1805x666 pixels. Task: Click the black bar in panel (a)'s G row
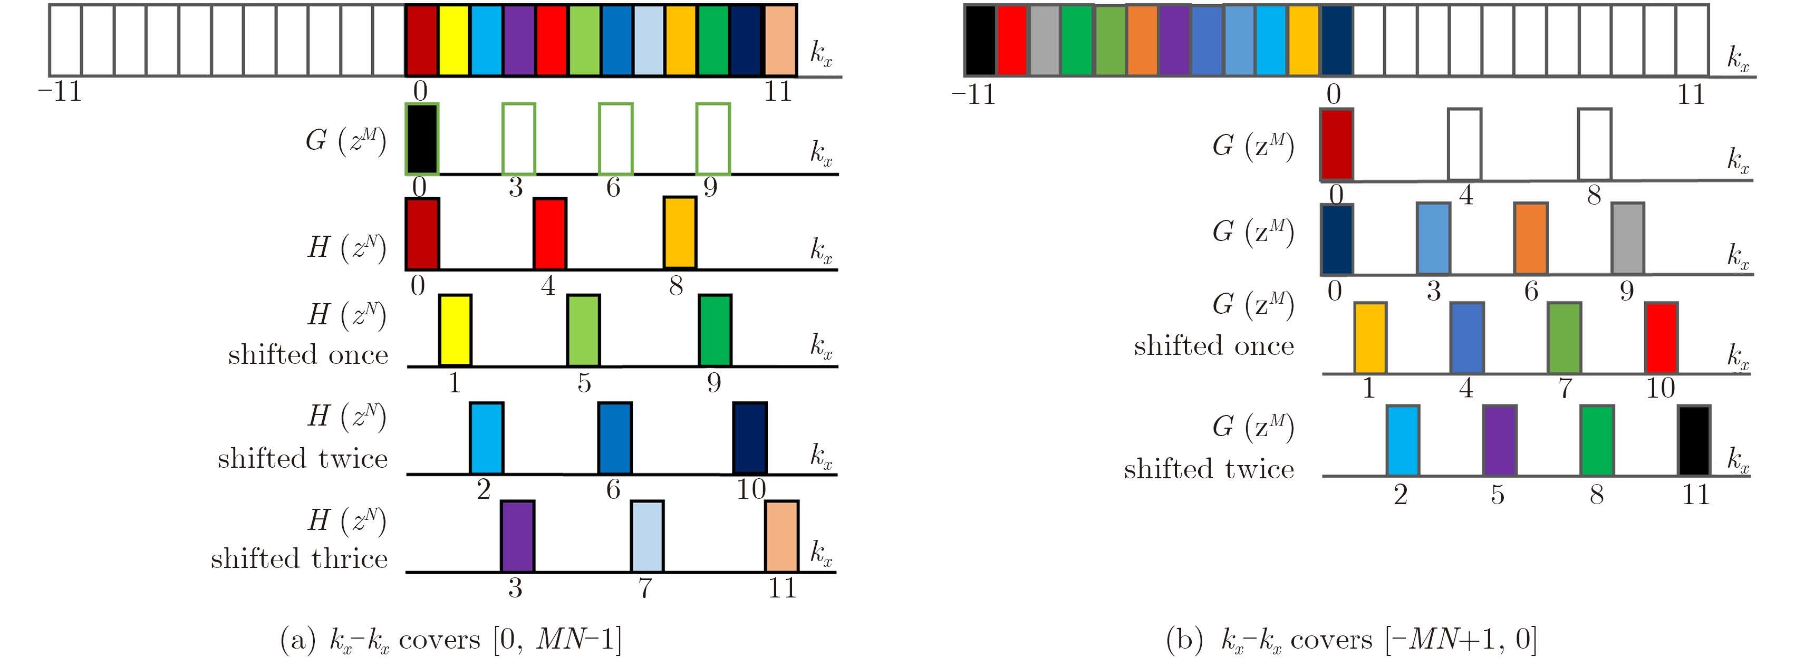(x=422, y=138)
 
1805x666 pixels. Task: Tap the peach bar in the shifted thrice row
(x=781, y=536)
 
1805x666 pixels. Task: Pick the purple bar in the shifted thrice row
(x=517, y=536)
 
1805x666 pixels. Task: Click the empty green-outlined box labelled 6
(x=615, y=138)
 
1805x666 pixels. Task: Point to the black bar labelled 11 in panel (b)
(x=1694, y=440)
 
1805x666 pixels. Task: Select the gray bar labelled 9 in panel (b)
(x=1628, y=238)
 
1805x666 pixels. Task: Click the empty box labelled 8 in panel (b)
(x=1594, y=144)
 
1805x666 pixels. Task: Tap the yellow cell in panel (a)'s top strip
(x=454, y=40)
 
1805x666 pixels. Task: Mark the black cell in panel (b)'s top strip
(x=980, y=40)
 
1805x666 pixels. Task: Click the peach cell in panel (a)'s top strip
(x=780, y=40)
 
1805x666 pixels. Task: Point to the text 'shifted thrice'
(x=299, y=559)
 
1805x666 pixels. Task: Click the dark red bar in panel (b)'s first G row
(x=1336, y=144)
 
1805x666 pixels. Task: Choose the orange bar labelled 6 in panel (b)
(x=1530, y=238)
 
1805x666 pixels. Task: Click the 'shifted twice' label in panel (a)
(x=302, y=458)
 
